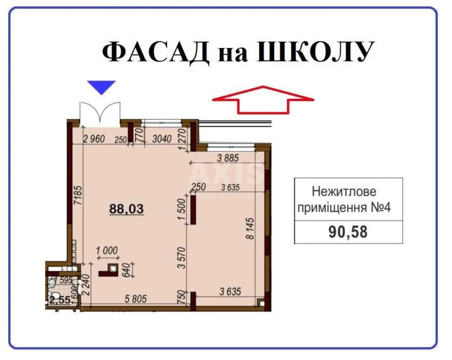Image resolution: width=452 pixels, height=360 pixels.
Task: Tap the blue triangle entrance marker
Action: [x=101, y=87]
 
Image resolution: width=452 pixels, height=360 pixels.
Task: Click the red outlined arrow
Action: [x=263, y=99]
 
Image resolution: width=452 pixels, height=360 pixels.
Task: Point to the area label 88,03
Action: [x=127, y=209]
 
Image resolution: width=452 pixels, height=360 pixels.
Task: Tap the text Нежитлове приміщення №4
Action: [x=344, y=199]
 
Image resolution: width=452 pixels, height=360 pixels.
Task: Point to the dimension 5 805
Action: [x=134, y=300]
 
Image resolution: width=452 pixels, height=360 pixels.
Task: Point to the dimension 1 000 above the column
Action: [x=107, y=250]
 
